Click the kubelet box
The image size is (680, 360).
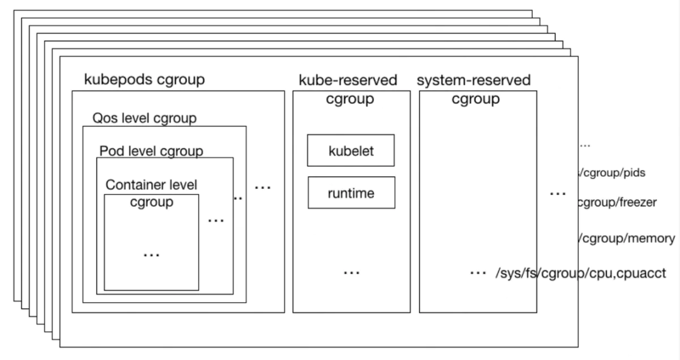coord(351,151)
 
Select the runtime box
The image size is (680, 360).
coord(351,193)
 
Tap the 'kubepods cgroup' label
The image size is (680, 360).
coord(144,80)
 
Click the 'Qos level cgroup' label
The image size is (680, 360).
coord(144,118)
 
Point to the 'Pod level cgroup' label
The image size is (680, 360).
coord(151,150)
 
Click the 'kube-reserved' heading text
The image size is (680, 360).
coord(348,80)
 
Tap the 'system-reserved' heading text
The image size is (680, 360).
coord(473,80)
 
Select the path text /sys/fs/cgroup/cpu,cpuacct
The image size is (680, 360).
coord(580,273)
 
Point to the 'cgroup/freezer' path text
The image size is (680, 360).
coord(617,203)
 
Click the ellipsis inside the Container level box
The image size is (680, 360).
coord(151,254)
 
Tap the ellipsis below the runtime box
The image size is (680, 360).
coord(351,272)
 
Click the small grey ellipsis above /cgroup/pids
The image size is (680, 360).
coord(585,145)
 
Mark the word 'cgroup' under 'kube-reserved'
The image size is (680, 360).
coord(350,99)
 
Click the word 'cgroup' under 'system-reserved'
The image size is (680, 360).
coord(476,99)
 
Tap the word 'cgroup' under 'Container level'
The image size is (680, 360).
coord(151,202)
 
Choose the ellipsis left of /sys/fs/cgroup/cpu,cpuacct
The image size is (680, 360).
coord(478,273)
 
